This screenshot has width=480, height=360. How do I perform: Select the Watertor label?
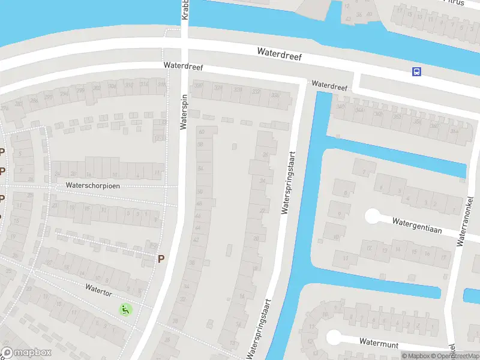(x=98, y=287)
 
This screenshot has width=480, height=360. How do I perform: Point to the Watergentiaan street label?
(x=418, y=222)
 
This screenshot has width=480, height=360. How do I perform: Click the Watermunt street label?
(x=379, y=341)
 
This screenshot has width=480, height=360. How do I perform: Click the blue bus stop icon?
(x=416, y=72)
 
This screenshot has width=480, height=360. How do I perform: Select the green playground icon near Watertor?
(x=125, y=310)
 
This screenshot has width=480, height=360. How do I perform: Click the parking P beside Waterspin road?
(x=160, y=259)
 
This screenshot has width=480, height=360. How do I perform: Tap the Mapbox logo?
(x=26, y=353)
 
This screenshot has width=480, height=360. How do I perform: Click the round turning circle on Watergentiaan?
(x=373, y=215)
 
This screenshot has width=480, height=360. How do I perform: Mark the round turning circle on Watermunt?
(x=334, y=337)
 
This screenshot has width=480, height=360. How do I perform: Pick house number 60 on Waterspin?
(x=201, y=131)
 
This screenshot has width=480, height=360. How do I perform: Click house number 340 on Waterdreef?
(x=341, y=107)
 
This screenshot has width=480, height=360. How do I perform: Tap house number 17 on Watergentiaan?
(x=444, y=257)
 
